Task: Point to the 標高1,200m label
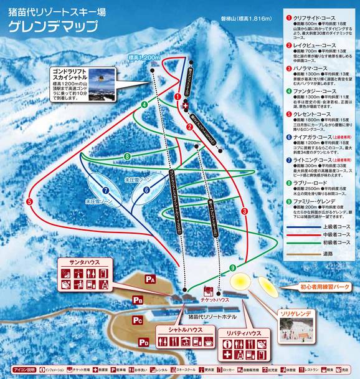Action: (x=139, y=57)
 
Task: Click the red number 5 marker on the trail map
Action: (x=30, y=201)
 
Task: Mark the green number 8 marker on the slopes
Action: (x=127, y=156)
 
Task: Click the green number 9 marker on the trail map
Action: (x=232, y=268)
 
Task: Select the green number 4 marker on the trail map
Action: (x=144, y=105)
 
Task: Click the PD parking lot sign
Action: (x=143, y=342)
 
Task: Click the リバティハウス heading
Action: (x=244, y=334)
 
